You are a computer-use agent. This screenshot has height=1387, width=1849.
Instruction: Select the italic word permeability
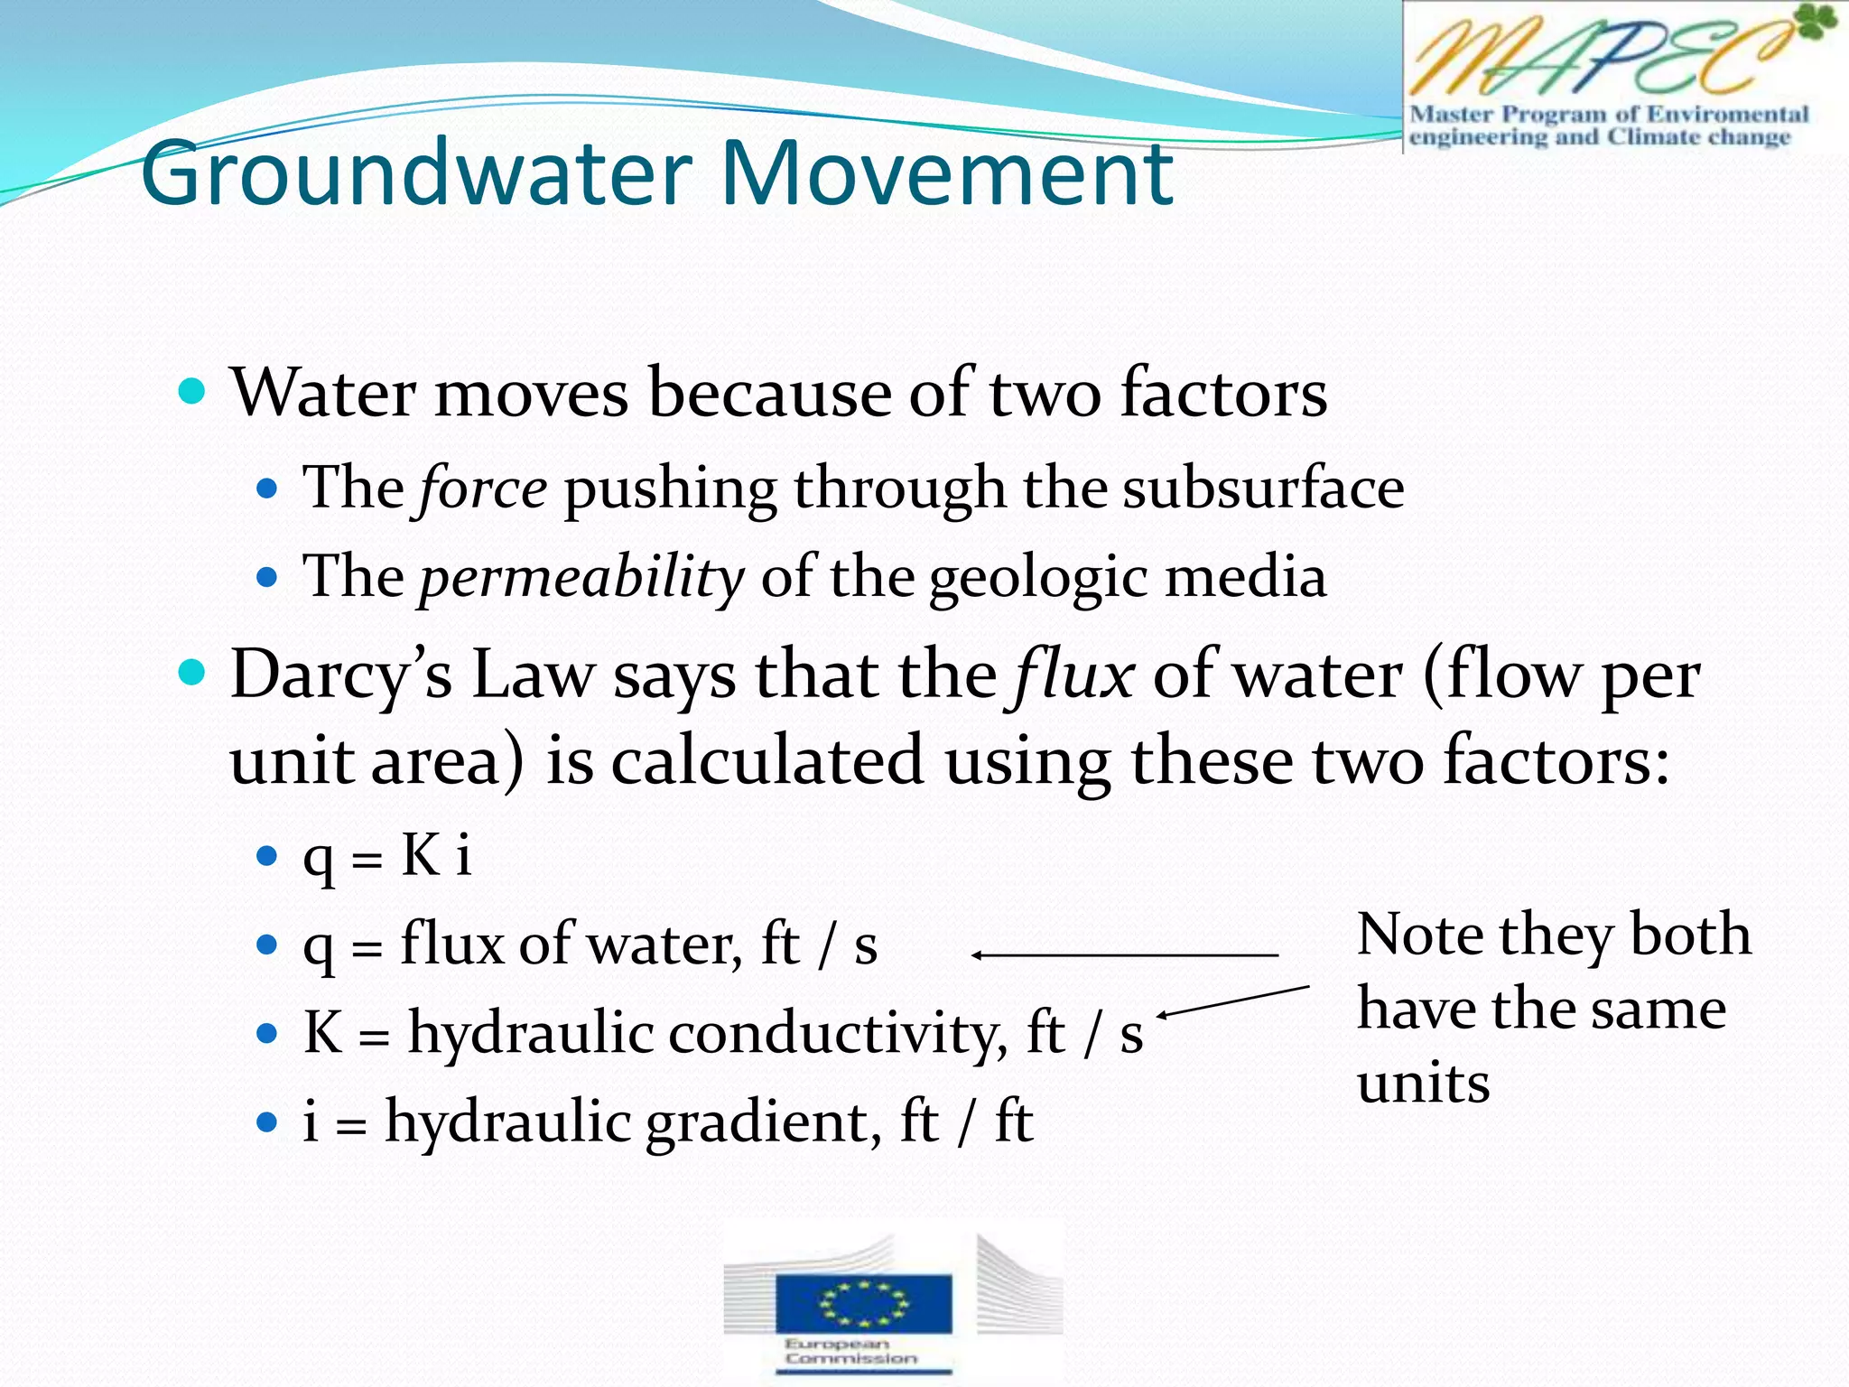point(581,577)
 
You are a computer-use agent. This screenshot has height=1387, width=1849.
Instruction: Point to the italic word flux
point(1073,675)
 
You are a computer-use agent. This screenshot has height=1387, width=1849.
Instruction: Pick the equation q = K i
point(386,855)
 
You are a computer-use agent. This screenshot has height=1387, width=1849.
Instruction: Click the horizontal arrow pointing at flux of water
point(1124,954)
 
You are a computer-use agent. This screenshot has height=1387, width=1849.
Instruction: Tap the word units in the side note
point(1423,1083)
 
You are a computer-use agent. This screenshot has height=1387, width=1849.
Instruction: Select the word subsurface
point(1263,489)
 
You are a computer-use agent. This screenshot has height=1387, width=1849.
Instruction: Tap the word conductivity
point(838,1032)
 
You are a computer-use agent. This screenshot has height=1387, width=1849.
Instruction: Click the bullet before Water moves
point(192,392)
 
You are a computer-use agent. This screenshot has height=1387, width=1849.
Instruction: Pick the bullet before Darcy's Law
point(192,673)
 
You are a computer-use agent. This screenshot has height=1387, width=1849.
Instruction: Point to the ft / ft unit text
point(966,1122)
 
